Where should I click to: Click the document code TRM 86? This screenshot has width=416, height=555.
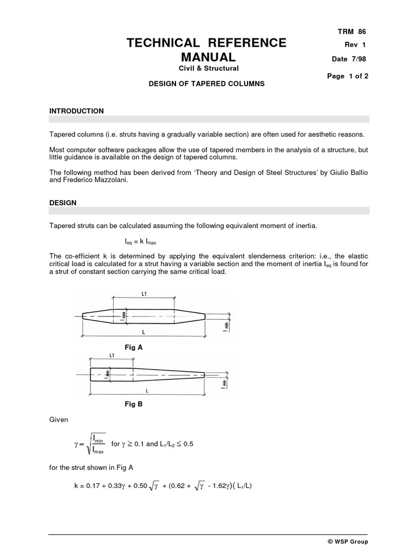point(355,32)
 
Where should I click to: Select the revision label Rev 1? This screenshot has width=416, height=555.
point(355,46)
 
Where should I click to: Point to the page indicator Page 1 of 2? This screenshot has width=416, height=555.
point(348,76)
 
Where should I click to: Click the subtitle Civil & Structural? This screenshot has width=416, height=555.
point(209,68)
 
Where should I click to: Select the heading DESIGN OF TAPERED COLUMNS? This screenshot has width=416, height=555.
point(207,85)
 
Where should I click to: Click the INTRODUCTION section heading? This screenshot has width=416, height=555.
point(76,111)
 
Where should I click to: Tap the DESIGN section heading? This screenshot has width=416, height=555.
point(63,203)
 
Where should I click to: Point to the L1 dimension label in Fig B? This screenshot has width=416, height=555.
point(111,356)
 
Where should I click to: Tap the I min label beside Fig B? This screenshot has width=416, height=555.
point(223,384)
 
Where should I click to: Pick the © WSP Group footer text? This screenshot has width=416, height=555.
point(348,541)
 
